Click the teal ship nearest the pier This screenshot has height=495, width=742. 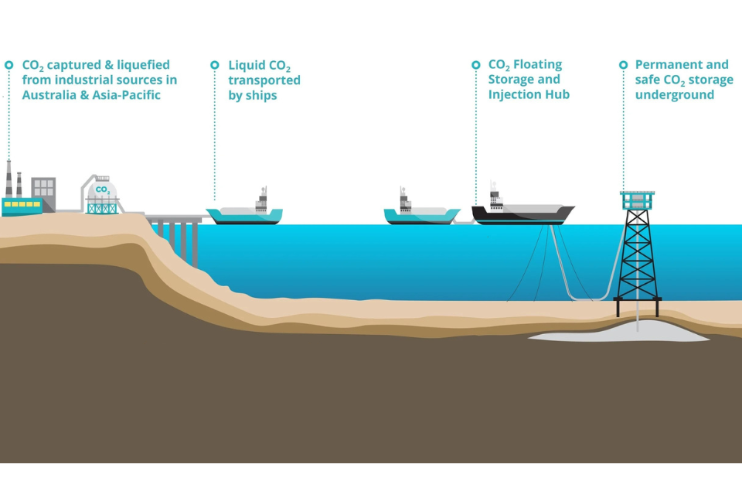pyautogui.click(x=244, y=215)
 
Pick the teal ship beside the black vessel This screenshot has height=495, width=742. pyautogui.click(x=421, y=215)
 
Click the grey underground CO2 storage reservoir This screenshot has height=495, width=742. pyautogui.click(x=618, y=332)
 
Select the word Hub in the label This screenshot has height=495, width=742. pyautogui.click(x=556, y=95)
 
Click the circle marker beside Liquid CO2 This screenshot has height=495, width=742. pyautogui.click(x=215, y=65)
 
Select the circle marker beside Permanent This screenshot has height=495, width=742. pyautogui.click(x=623, y=65)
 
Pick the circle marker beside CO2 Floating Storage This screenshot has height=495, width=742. pyautogui.click(x=476, y=65)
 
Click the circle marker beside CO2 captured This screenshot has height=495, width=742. pyautogui.click(x=9, y=65)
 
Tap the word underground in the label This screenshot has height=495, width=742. pyautogui.click(x=675, y=95)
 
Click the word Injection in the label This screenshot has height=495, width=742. pyautogui.click(x=514, y=95)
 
